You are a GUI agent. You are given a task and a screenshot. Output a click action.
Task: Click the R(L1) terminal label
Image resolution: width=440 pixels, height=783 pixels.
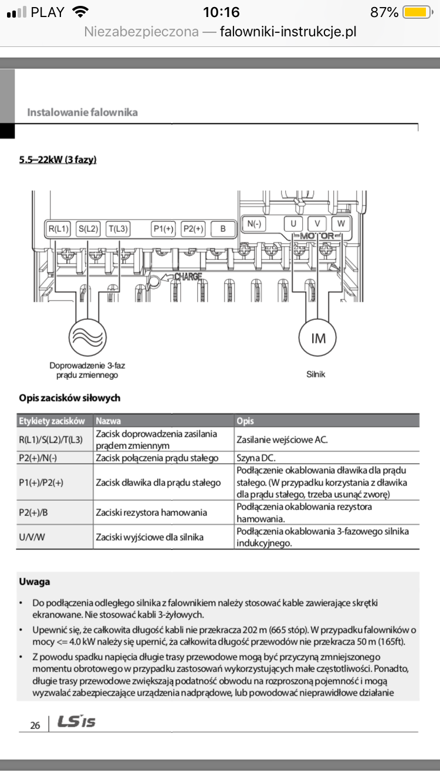tap(59, 229)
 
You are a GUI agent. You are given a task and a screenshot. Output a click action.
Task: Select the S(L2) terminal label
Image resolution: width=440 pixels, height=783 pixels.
tap(88, 229)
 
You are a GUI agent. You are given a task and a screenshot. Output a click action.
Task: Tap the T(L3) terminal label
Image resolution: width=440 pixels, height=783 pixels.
tap(118, 229)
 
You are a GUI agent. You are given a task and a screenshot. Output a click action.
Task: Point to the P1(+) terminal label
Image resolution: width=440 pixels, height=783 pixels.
tap(163, 229)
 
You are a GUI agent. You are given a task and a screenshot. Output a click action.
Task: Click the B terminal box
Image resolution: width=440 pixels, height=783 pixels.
tap(223, 229)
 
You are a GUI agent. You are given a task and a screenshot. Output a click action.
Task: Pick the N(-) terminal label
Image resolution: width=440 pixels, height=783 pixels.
tap(254, 223)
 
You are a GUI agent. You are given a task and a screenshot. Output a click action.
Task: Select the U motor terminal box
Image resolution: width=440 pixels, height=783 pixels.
tap(293, 223)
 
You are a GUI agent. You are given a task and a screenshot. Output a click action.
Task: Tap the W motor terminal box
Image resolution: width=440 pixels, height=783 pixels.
tap(341, 223)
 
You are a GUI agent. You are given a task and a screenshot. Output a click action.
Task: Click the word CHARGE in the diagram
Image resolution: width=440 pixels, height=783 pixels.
tap(187, 276)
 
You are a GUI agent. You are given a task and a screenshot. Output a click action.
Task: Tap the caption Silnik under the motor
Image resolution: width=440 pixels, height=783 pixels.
tap(316, 374)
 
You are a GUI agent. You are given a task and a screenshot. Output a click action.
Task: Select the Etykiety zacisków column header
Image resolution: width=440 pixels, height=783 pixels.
tap(52, 421)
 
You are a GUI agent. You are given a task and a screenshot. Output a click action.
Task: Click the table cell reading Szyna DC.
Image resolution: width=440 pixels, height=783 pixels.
tap(256, 458)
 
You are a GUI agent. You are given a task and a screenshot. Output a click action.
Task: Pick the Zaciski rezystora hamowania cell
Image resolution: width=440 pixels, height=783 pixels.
tap(151, 512)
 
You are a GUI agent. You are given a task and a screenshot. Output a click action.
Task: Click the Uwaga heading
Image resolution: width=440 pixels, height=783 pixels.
tap(34, 582)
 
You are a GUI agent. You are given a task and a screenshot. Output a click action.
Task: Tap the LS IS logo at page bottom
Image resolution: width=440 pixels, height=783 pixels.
tap(76, 722)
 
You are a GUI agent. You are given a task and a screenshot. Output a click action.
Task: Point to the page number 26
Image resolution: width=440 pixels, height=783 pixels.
tap(35, 725)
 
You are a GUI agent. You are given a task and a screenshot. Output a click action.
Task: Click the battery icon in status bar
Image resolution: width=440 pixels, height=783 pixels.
tap(417, 12)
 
